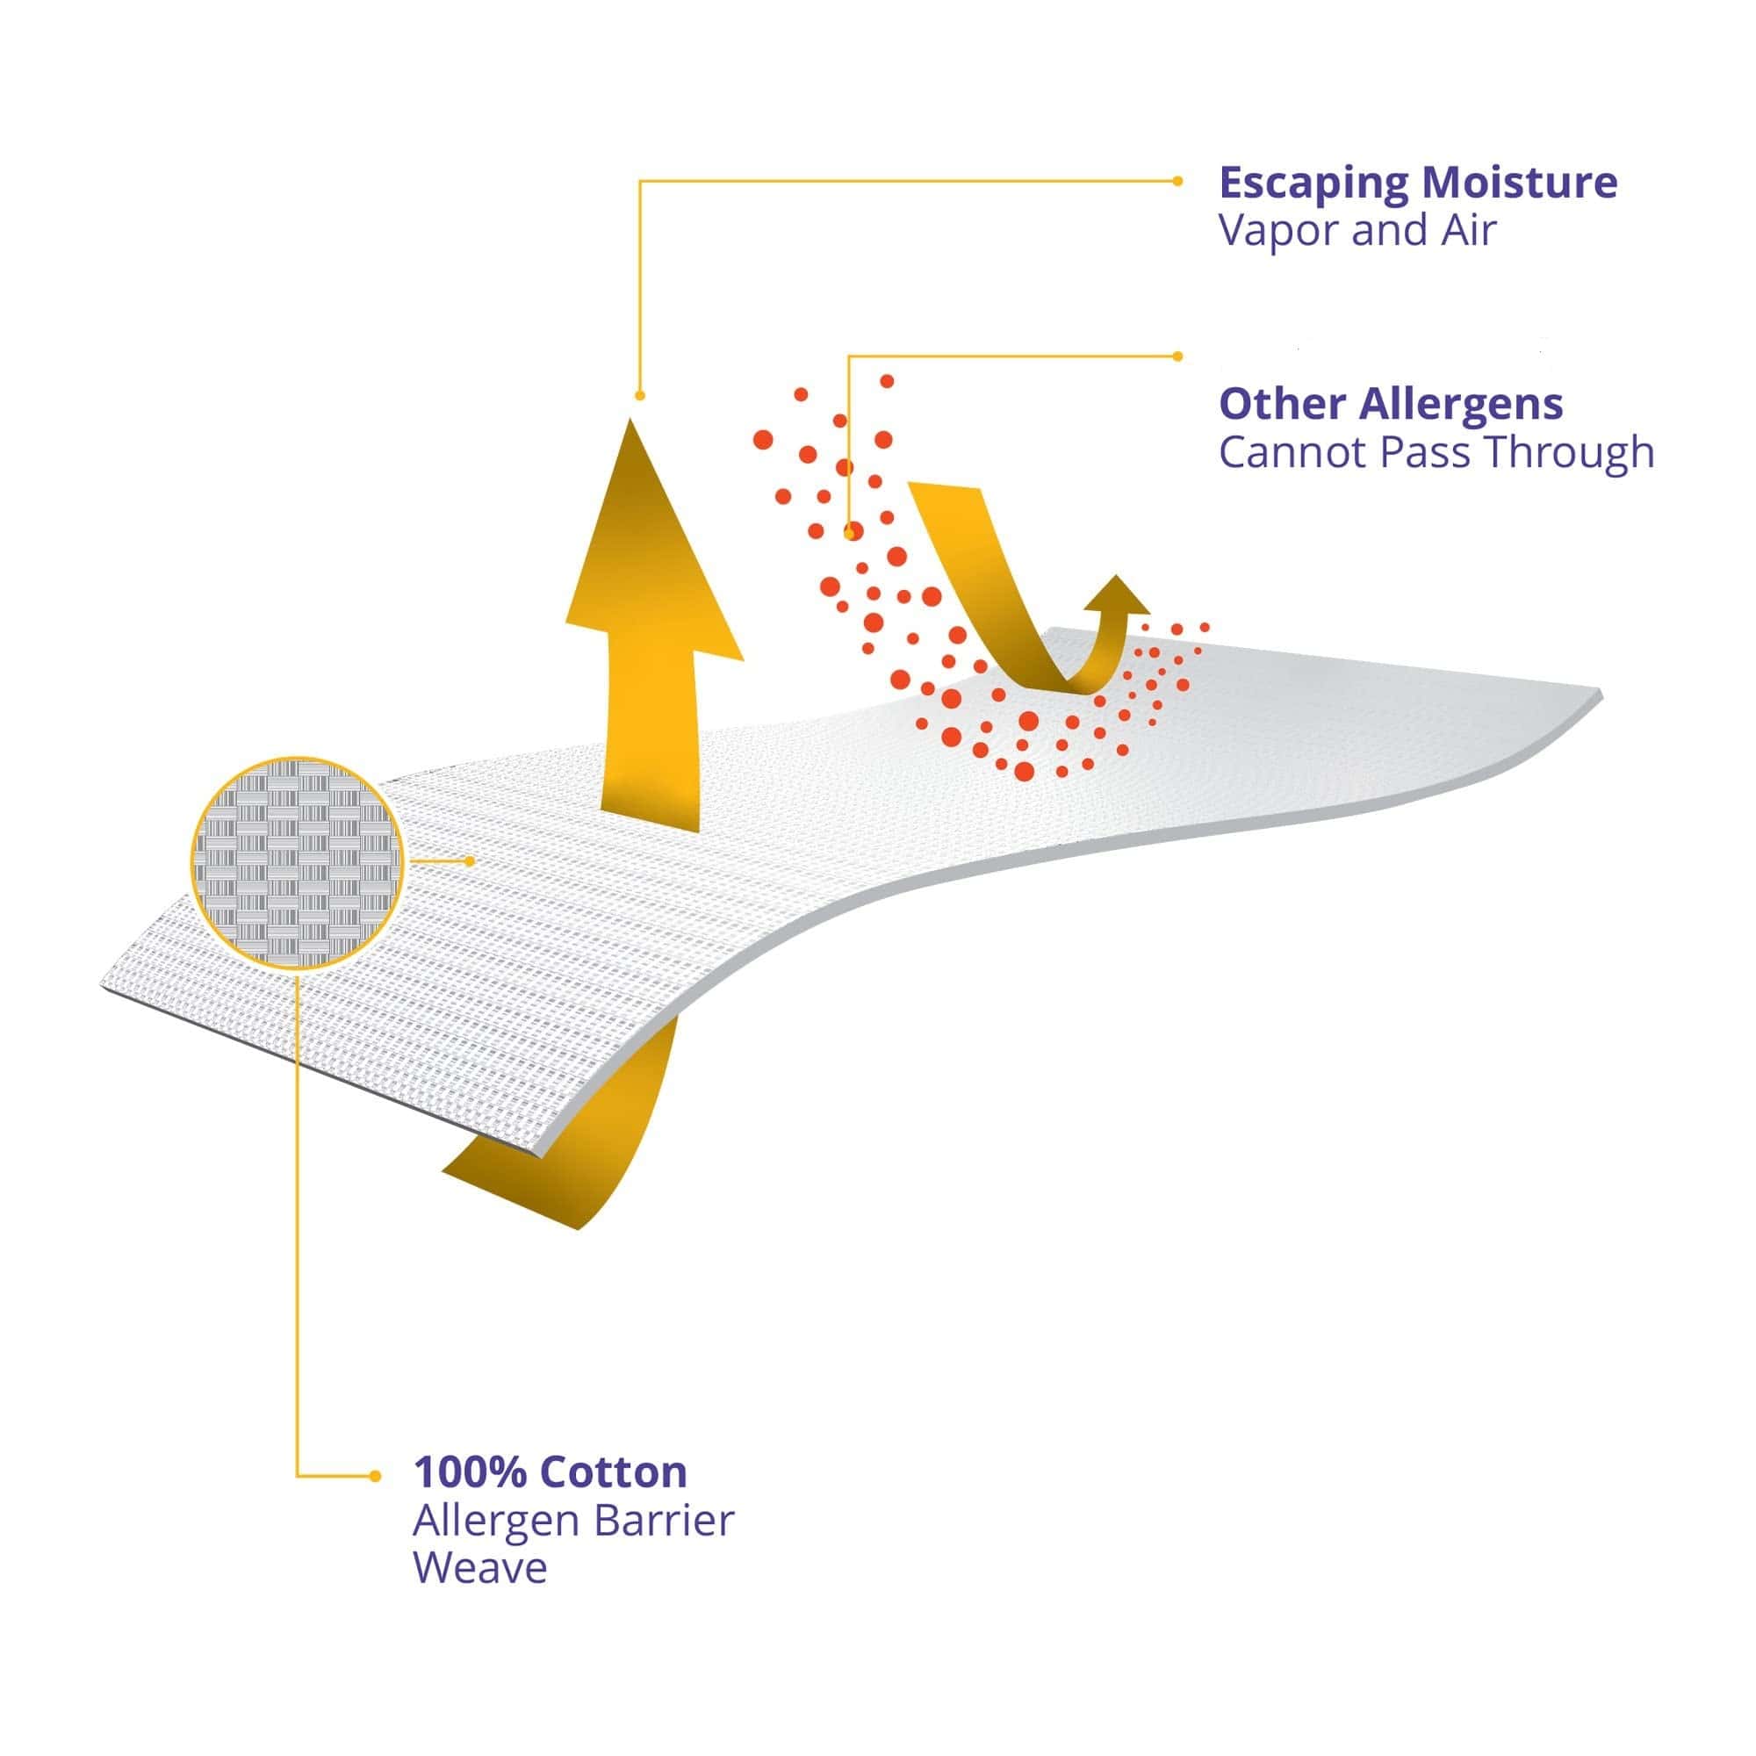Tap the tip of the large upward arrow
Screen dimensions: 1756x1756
point(630,419)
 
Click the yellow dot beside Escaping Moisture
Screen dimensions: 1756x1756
point(1177,181)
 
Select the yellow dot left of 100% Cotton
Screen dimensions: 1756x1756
point(375,1476)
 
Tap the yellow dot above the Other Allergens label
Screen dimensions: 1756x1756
point(1178,356)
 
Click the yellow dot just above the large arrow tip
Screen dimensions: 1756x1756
point(640,395)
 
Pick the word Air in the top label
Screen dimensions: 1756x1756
point(1467,231)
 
